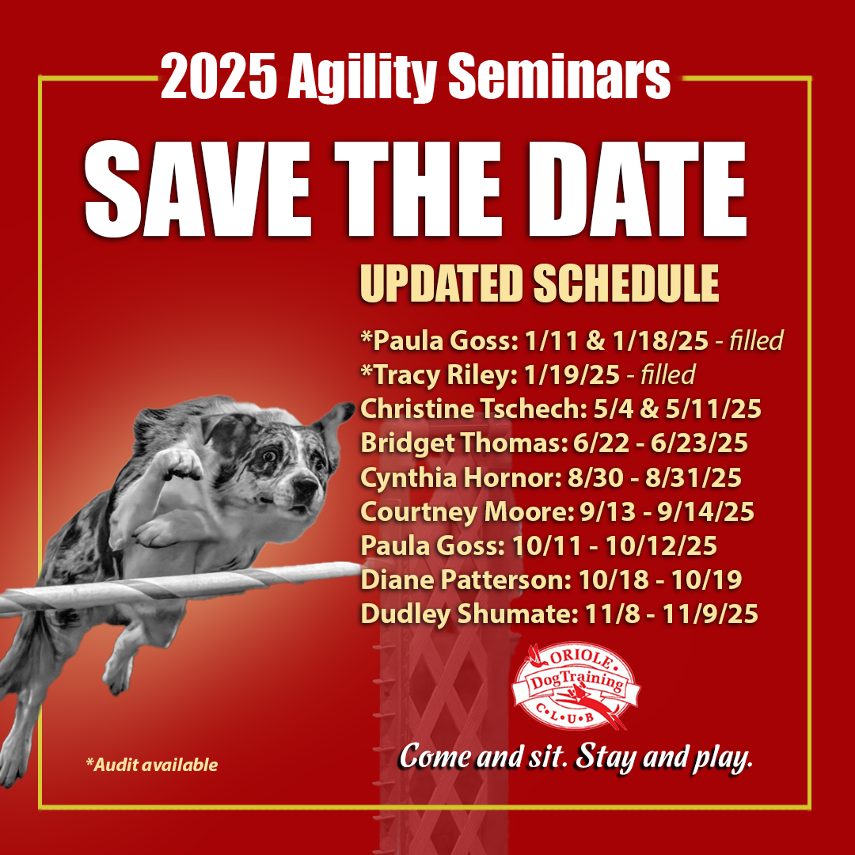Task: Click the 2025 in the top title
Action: tap(218, 76)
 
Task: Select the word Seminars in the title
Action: tap(559, 76)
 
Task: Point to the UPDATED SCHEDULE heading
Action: tap(539, 283)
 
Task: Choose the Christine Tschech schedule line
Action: tap(560, 409)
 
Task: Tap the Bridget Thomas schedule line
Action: tap(554, 443)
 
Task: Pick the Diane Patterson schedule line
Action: tap(551, 579)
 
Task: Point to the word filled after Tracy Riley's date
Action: tap(668, 374)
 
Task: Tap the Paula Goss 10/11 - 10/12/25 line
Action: tap(539, 545)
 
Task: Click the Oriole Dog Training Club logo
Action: tap(576, 686)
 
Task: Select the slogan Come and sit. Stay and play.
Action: tap(576, 758)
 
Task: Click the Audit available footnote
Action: tap(151, 765)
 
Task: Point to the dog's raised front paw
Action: tap(173, 465)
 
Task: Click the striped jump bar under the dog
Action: tap(180, 587)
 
